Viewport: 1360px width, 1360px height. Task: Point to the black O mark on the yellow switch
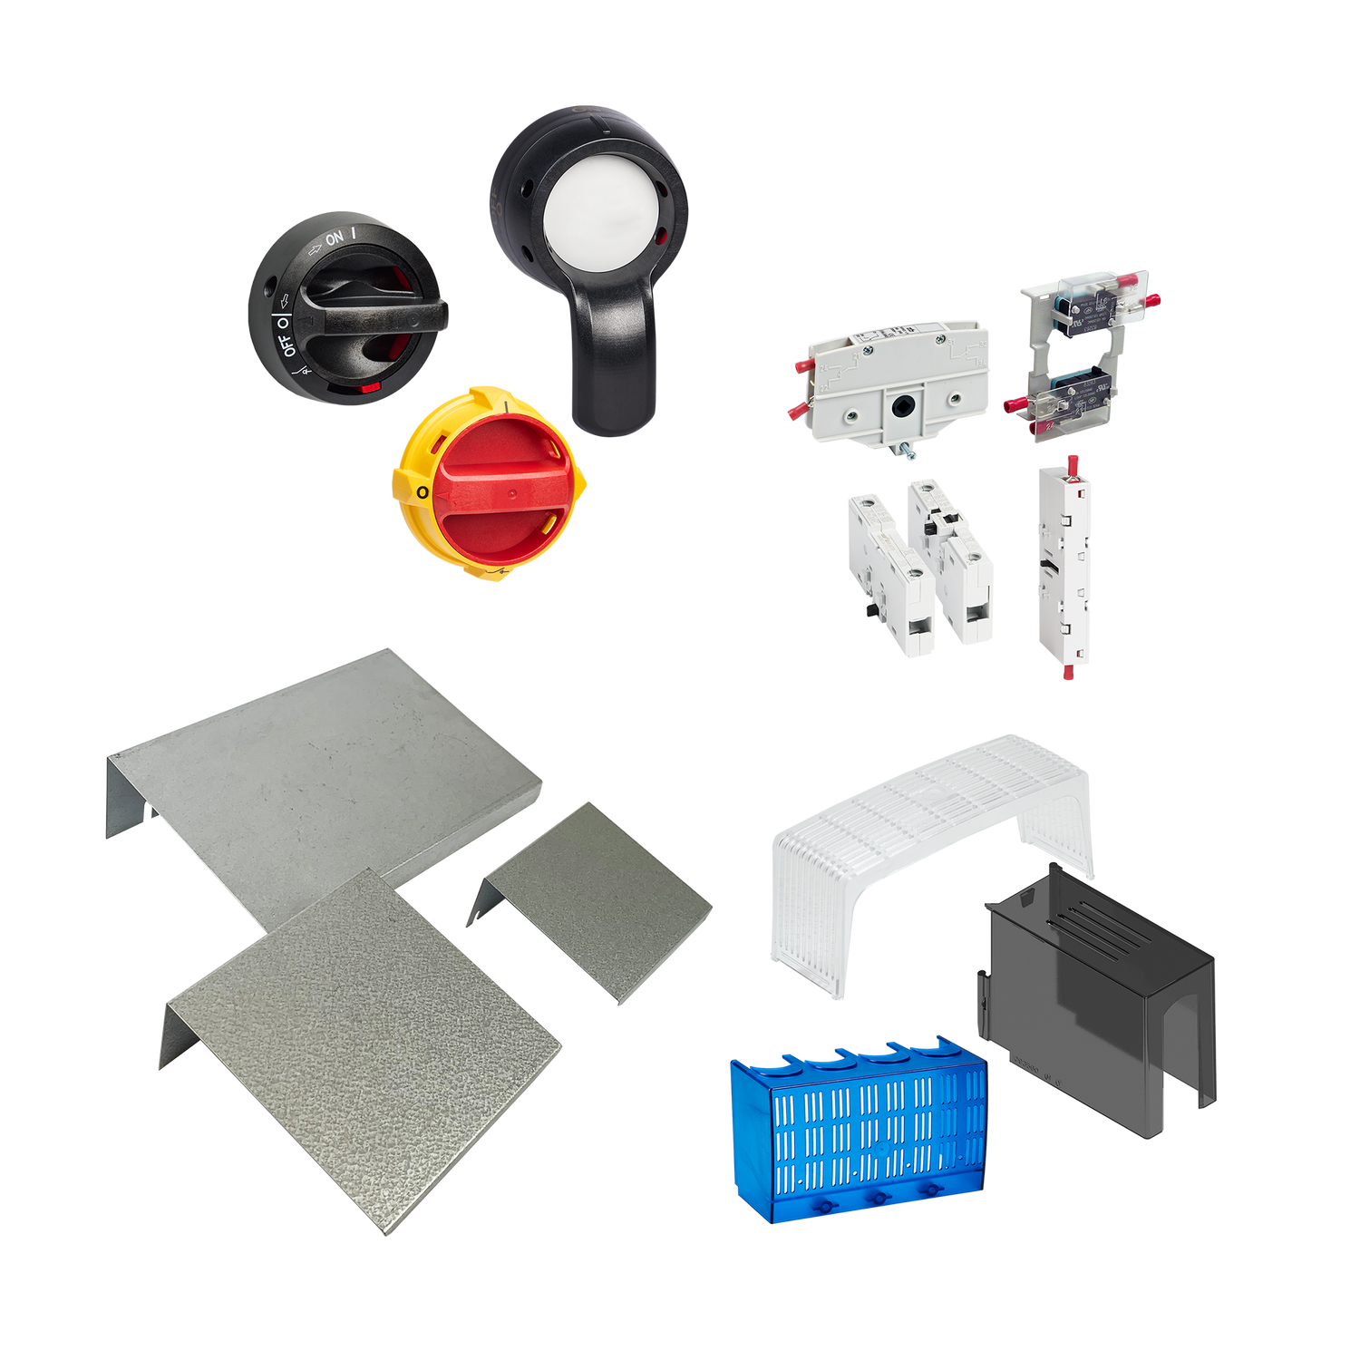click(x=421, y=491)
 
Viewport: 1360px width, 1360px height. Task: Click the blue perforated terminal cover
click(x=857, y=1129)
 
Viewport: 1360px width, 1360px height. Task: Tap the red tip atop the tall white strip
click(x=1073, y=461)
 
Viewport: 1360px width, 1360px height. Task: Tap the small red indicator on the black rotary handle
click(x=369, y=388)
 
